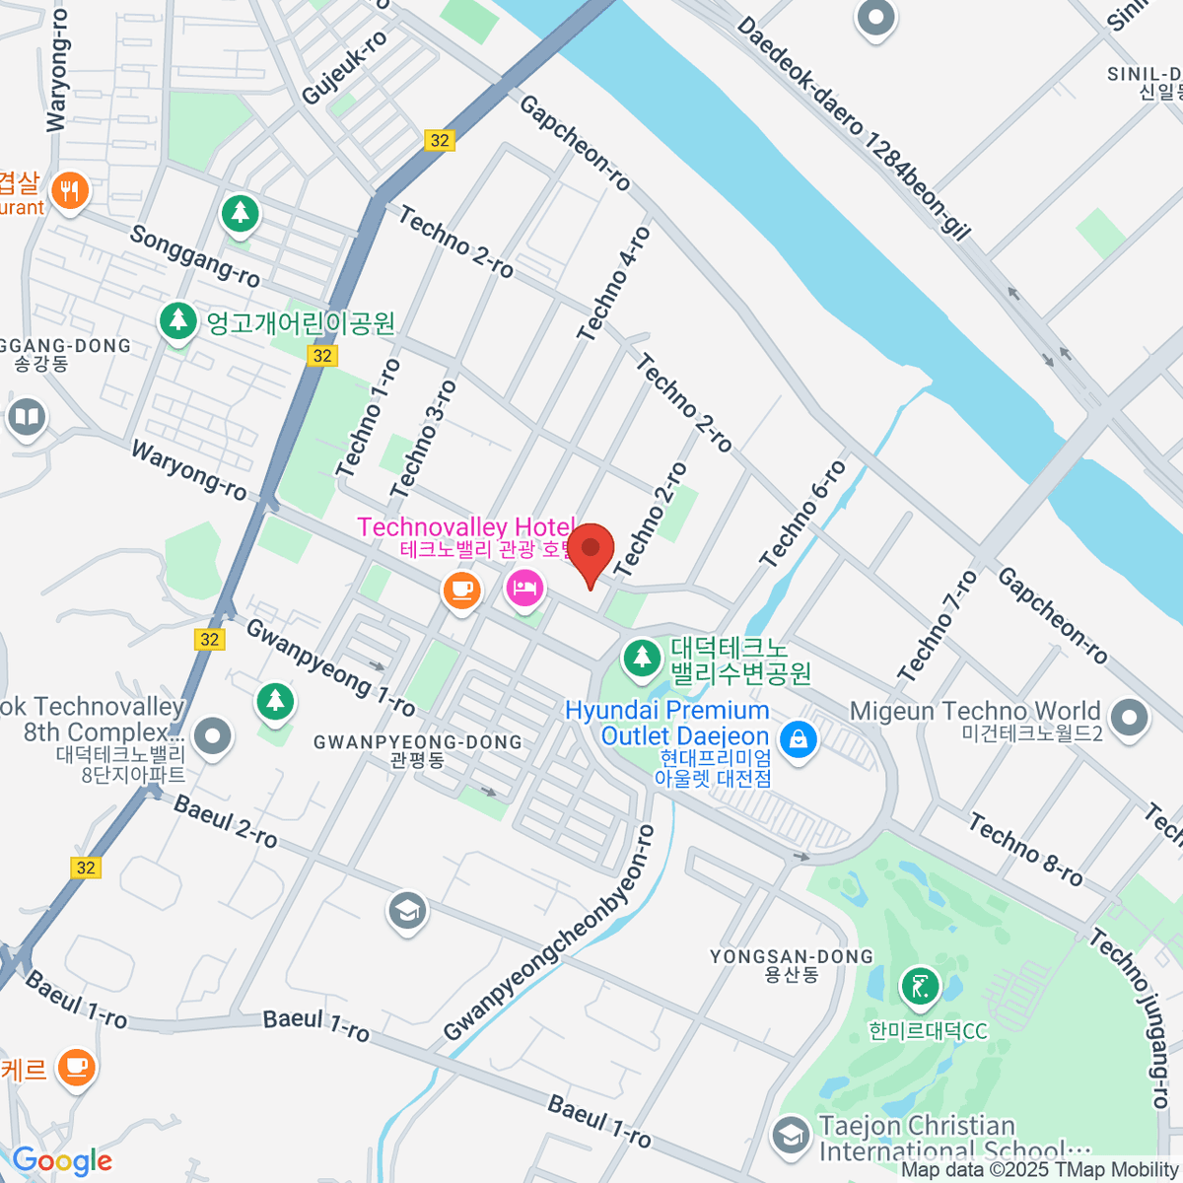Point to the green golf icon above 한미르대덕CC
(920, 985)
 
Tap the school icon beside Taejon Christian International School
(790, 1136)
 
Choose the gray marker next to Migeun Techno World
(1129, 717)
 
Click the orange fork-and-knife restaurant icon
(69, 189)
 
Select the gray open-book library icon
(27, 417)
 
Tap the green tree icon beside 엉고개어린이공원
(178, 320)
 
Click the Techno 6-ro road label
(802, 514)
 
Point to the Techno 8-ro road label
(1025, 850)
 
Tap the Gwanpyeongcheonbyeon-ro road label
(549, 934)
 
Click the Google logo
(62, 1161)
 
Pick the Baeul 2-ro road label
(226, 821)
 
